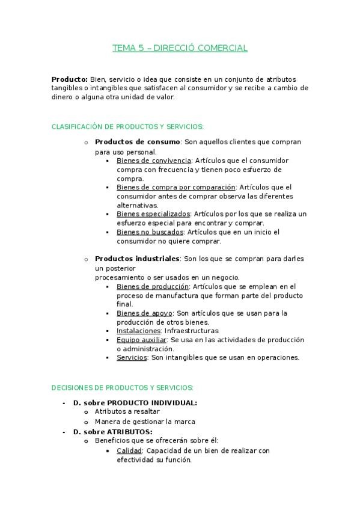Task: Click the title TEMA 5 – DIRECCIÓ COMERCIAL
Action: (x=180, y=48)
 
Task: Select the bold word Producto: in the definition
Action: (x=70, y=79)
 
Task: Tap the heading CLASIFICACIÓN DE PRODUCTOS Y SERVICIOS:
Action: (x=127, y=126)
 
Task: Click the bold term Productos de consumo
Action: (x=138, y=142)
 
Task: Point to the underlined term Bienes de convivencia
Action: (x=153, y=161)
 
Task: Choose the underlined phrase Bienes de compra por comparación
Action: (x=176, y=187)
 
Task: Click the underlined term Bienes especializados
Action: (x=153, y=214)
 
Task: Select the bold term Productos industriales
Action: (x=137, y=259)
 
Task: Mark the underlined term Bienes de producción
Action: (x=153, y=287)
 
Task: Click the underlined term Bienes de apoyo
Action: (x=144, y=313)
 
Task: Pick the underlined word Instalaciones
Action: (x=138, y=331)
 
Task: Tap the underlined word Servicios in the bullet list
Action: (x=132, y=357)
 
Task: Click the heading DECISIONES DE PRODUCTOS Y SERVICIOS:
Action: (x=123, y=388)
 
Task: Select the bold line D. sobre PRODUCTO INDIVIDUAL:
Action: (x=135, y=402)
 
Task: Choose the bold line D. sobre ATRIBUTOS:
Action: (x=112, y=432)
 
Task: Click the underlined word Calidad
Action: (x=129, y=450)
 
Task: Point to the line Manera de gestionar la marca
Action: (x=145, y=422)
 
